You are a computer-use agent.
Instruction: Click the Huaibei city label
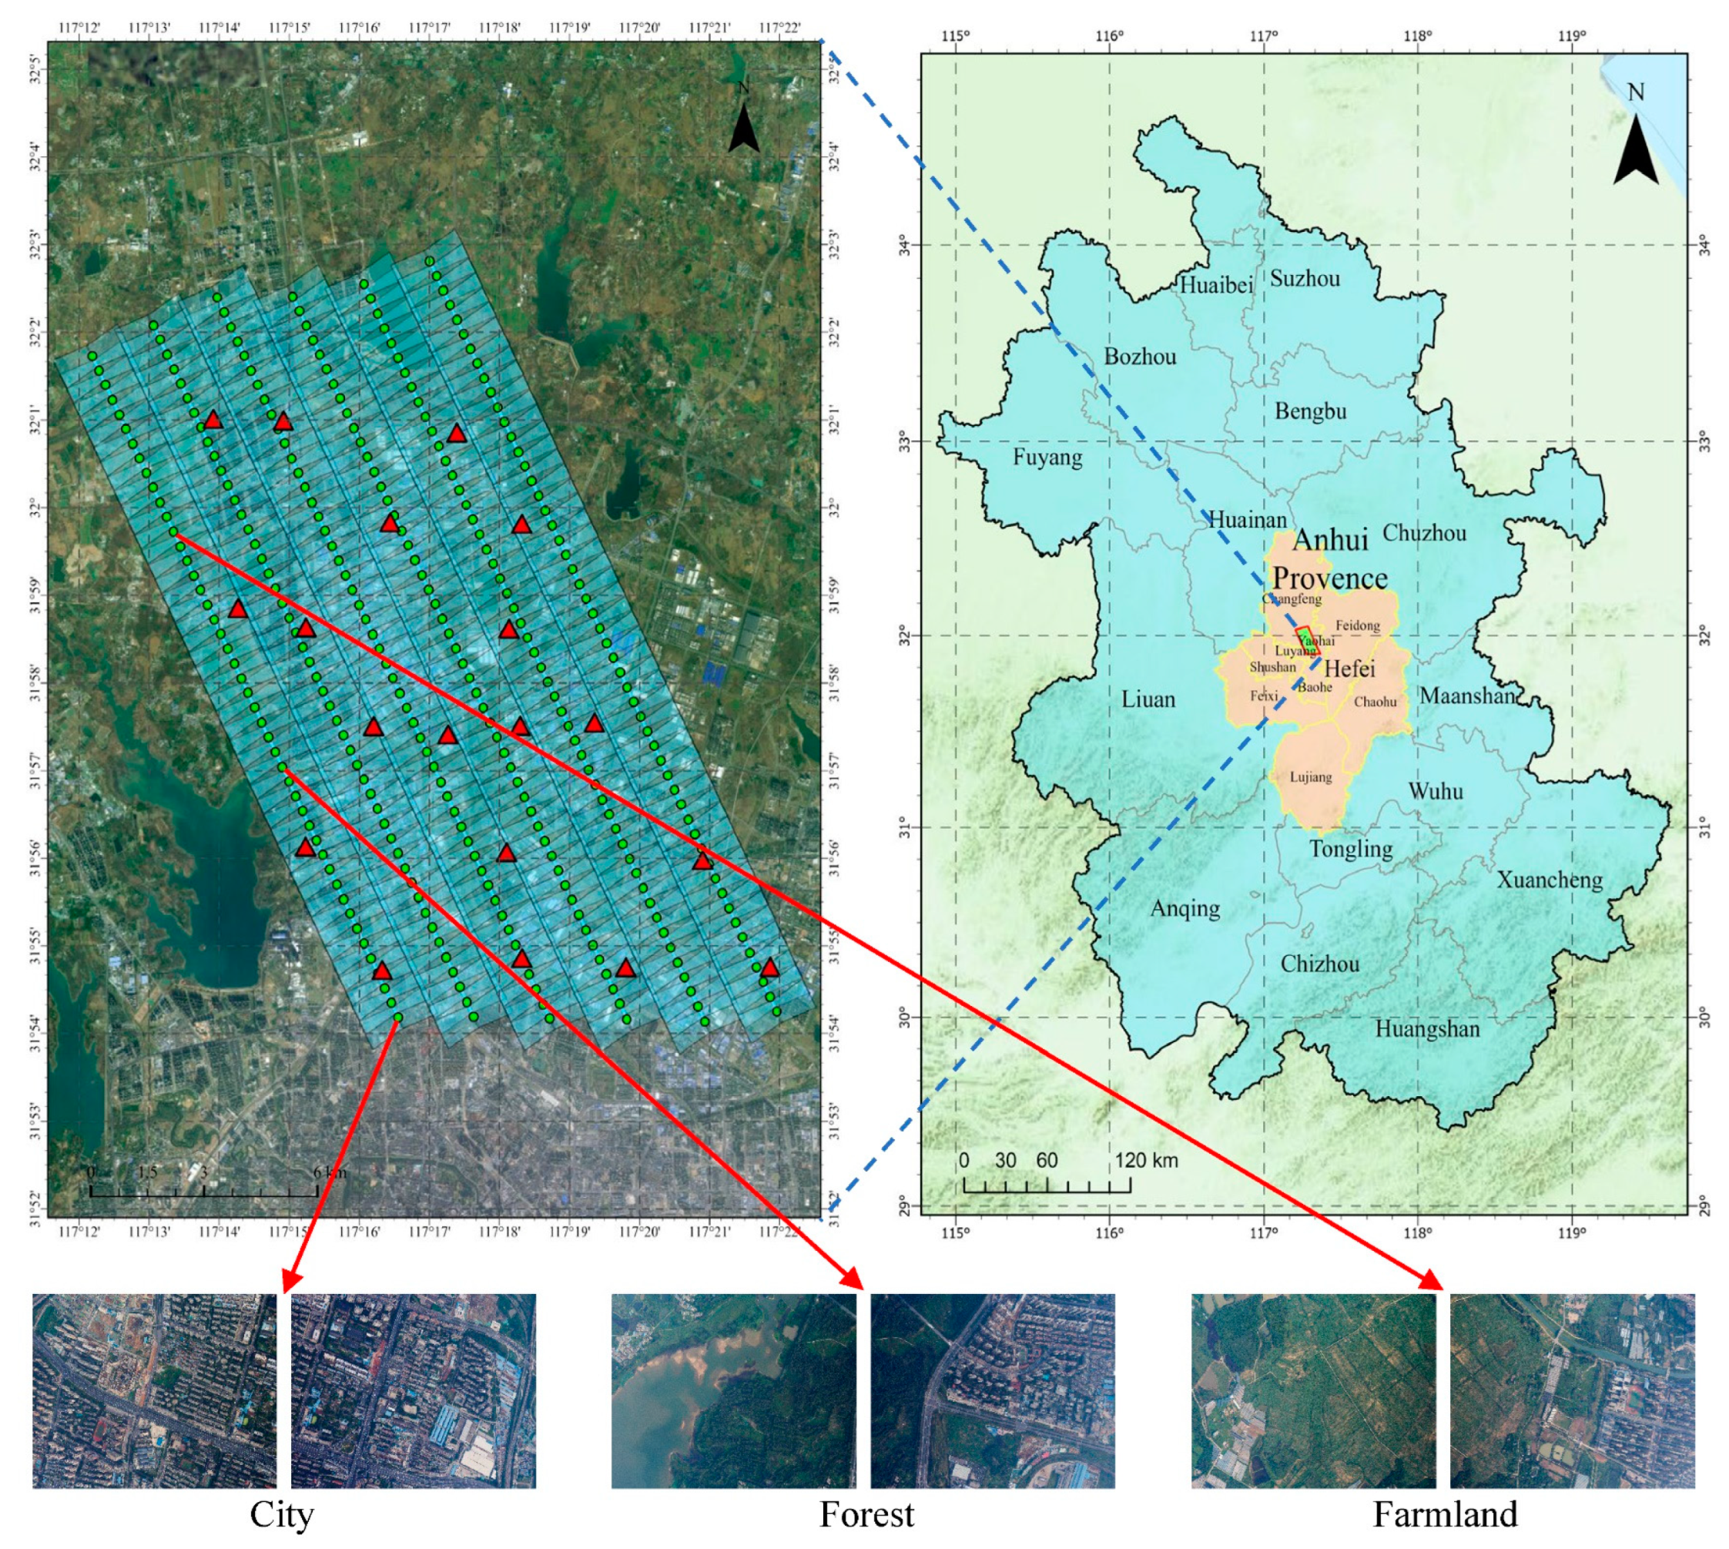pos(1216,285)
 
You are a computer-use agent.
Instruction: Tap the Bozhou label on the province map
pos(1140,357)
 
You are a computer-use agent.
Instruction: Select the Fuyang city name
pos(1047,458)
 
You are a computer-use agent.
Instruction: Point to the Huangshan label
pos(1427,1029)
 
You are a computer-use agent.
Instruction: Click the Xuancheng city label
pos(1550,879)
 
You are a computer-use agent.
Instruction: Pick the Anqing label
pos(1185,908)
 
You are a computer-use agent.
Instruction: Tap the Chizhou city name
pos(1320,964)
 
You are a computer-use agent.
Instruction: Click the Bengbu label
pos(1310,412)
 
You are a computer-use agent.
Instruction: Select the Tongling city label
pos(1350,849)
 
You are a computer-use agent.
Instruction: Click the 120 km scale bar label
pos(1146,1160)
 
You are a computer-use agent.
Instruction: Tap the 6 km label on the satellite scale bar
pos(330,1173)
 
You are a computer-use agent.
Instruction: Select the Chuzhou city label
pos(1424,534)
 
